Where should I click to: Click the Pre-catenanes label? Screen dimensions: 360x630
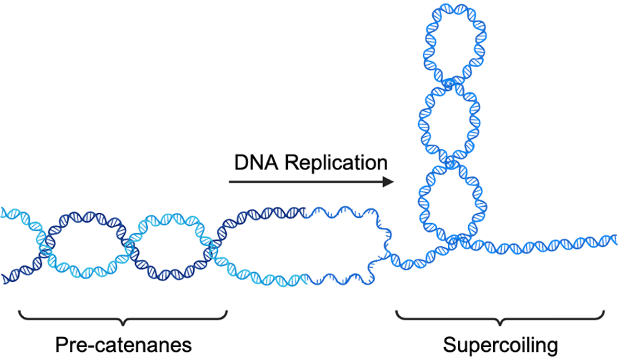tap(123, 345)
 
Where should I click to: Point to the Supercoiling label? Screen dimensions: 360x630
tap(500, 345)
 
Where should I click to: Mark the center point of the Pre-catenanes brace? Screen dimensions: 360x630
tap(123, 319)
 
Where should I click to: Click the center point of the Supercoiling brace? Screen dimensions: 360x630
tap(500, 319)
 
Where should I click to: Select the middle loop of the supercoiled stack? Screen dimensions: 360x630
tap(450, 121)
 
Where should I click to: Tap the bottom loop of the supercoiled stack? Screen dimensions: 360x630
tap(450, 199)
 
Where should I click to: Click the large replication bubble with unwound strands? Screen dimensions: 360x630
tap(300, 244)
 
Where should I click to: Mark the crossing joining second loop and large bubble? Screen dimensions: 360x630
tap(214, 245)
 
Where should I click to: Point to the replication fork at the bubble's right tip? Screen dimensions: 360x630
tap(386, 249)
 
